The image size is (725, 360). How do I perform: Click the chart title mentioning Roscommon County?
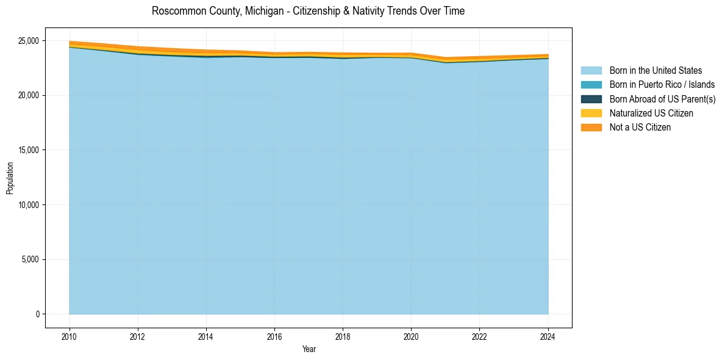(308, 11)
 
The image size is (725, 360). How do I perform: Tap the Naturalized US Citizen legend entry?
(651, 113)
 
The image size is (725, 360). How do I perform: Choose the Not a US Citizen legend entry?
(640, 128)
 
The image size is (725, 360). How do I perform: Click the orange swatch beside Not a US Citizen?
(591, 128)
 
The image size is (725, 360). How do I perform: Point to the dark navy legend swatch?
(591, 99)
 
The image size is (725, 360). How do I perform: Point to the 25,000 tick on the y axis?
(28, 41)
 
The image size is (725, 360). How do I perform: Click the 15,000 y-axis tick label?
(28, 150)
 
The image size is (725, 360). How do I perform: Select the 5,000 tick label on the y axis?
(30, 259)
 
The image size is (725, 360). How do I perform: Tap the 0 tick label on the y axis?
(37, 314)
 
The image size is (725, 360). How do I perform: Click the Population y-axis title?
(9, 178)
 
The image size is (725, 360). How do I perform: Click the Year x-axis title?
(309, 349)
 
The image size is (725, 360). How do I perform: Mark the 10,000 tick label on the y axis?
(28, 205)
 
